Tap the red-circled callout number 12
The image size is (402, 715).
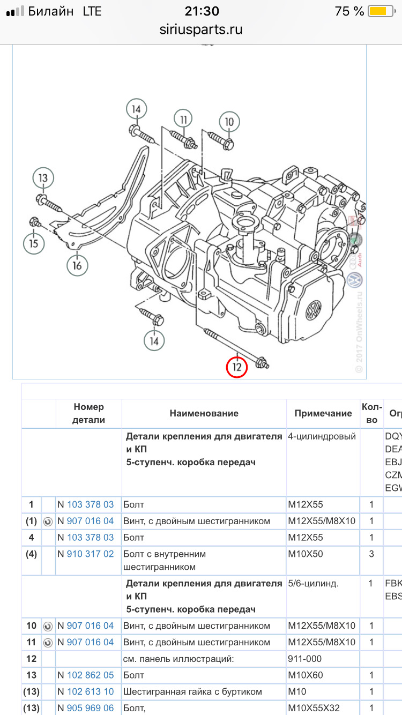236,367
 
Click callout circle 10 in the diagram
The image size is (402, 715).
229,122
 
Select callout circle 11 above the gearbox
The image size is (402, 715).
183,120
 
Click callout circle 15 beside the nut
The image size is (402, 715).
34,243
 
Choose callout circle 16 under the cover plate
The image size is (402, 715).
77,264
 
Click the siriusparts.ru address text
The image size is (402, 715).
201,29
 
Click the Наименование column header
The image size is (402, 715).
204,413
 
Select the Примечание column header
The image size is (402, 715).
323,413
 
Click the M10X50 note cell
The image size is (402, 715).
306,554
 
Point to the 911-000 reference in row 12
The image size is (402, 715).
305,659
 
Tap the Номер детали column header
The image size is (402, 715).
89,413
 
